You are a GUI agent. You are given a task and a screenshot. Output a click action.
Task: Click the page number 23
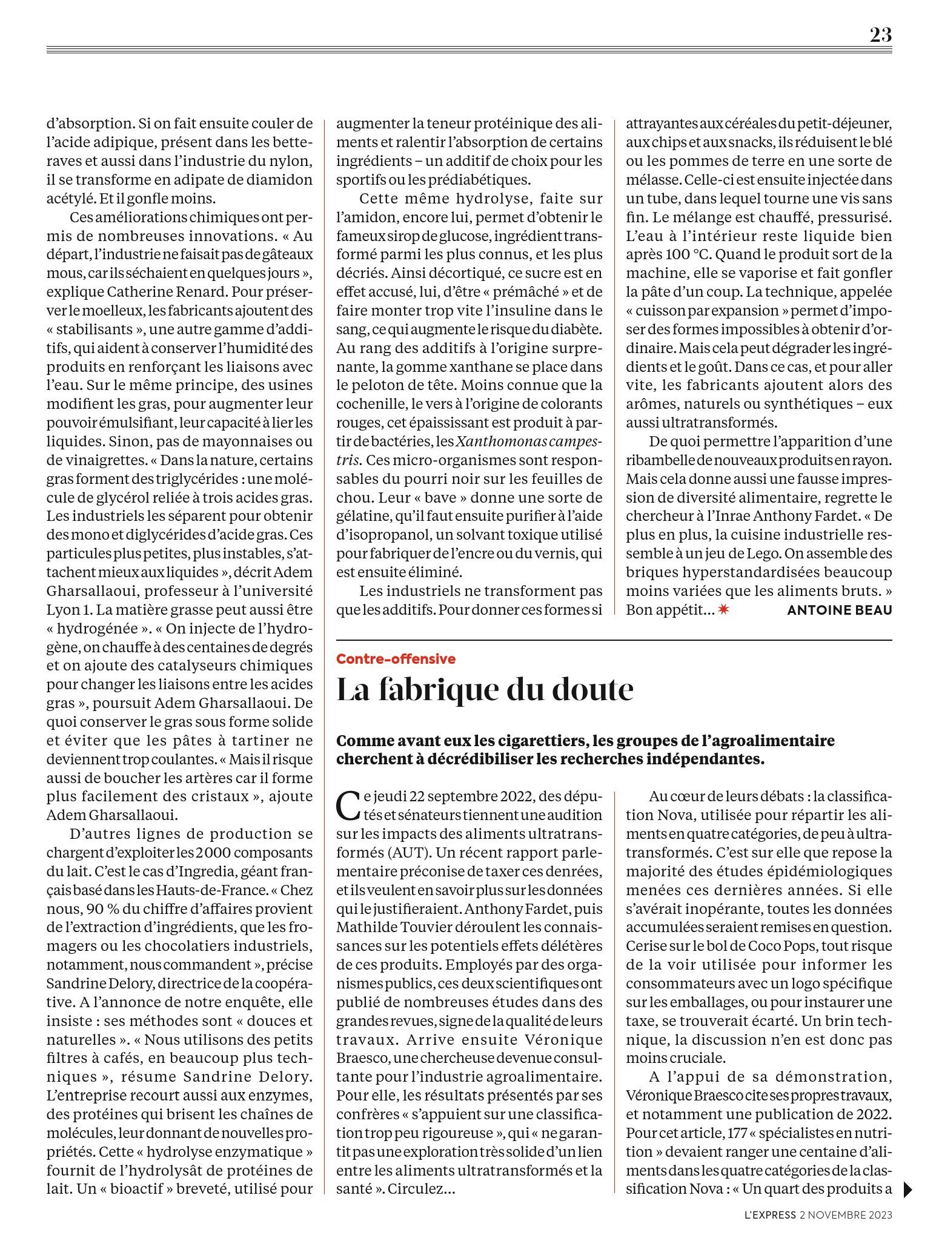coord(880,35)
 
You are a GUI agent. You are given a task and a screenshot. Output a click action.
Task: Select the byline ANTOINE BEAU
coord(839,611)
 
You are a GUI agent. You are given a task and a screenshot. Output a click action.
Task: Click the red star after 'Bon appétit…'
coord(723,610)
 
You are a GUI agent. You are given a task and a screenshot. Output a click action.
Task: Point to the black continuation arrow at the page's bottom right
coord(907,1190)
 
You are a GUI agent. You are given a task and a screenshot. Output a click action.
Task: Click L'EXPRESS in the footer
coord(769,1214)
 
